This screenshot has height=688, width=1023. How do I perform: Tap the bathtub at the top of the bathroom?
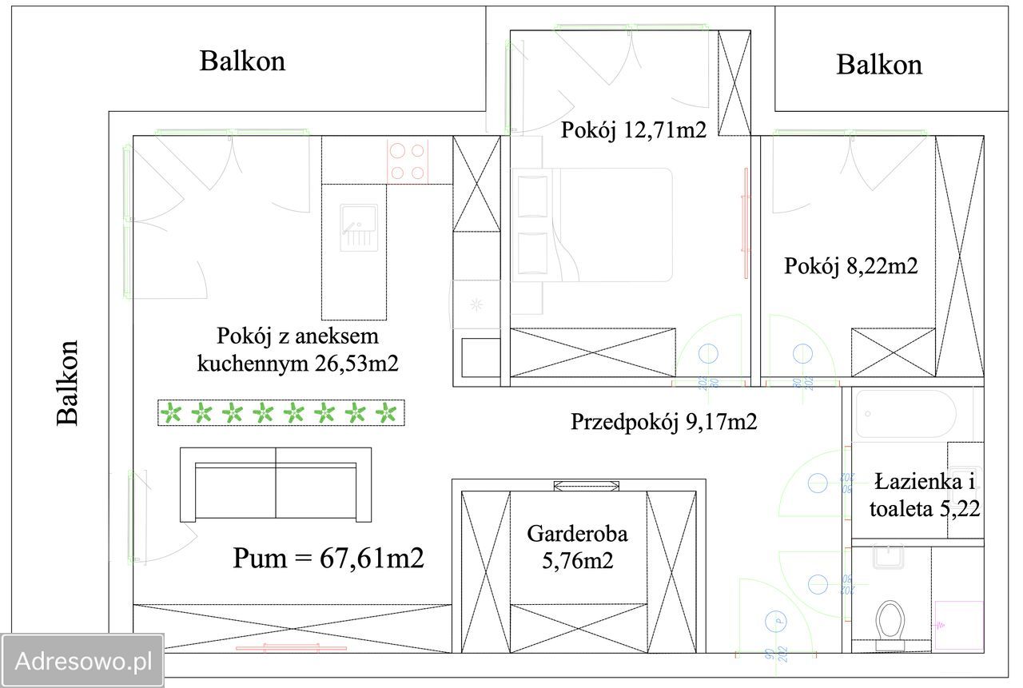906,414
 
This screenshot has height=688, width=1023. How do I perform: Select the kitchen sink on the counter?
358,227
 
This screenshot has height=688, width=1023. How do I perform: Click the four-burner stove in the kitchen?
408,161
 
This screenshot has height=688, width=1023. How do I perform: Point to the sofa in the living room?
276,484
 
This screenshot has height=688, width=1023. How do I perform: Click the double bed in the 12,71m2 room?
591,225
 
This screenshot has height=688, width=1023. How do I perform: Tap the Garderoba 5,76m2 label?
577,547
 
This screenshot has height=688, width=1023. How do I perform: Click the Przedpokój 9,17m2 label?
663,421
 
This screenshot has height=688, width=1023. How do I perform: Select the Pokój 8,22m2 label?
850,266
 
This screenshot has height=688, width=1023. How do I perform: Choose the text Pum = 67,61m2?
328,558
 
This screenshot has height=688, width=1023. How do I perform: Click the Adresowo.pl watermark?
83,661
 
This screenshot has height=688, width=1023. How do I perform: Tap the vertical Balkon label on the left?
69,383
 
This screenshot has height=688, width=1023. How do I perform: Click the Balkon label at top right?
879,64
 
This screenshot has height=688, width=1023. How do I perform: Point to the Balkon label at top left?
242,61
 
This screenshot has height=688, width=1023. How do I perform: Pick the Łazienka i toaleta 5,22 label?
925,495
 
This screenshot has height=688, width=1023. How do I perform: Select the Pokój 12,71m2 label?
634,129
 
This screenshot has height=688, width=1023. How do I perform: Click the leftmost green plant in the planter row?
172,413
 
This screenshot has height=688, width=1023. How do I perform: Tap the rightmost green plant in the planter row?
387,413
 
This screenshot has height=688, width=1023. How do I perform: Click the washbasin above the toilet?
888,556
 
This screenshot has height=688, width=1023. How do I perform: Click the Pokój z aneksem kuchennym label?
297,349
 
